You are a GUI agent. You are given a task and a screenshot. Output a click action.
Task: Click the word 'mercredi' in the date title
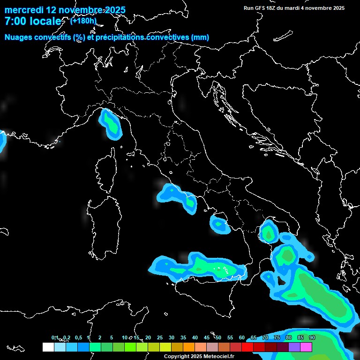[23, 10]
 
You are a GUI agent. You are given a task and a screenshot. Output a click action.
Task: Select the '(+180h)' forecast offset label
[83, 21]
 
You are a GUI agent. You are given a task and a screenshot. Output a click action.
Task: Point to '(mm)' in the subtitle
[200, 37]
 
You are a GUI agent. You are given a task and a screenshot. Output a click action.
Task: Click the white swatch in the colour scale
[48, 347]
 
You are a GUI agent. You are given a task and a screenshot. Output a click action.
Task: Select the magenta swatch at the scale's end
[306, 347]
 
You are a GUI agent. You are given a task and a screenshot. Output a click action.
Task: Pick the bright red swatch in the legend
[247, 347]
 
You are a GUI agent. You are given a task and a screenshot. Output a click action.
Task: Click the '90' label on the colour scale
[312, 338]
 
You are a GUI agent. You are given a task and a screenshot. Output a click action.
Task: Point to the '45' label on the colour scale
[207, 338]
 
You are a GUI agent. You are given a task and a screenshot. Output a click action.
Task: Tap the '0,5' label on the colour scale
[78, 338]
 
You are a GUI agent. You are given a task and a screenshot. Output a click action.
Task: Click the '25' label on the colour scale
[160, 338]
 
